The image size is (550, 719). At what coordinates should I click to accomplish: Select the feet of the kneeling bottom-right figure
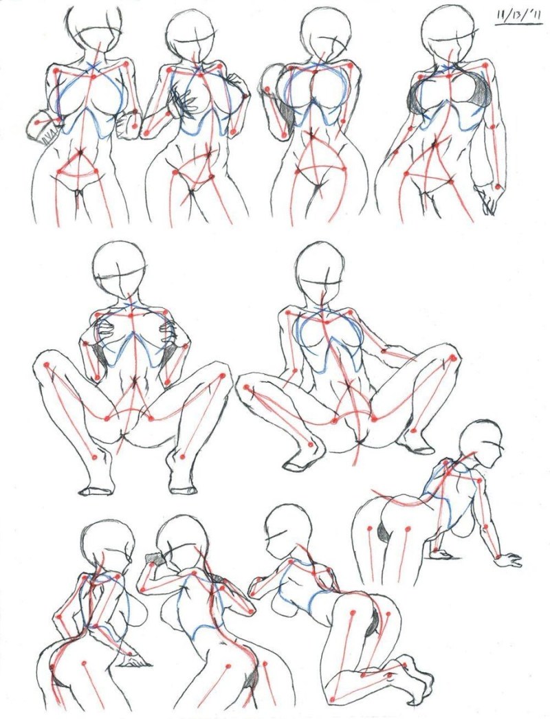click(x=416, y=677)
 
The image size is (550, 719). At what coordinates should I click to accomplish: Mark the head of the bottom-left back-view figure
click(x=107, y=543)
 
